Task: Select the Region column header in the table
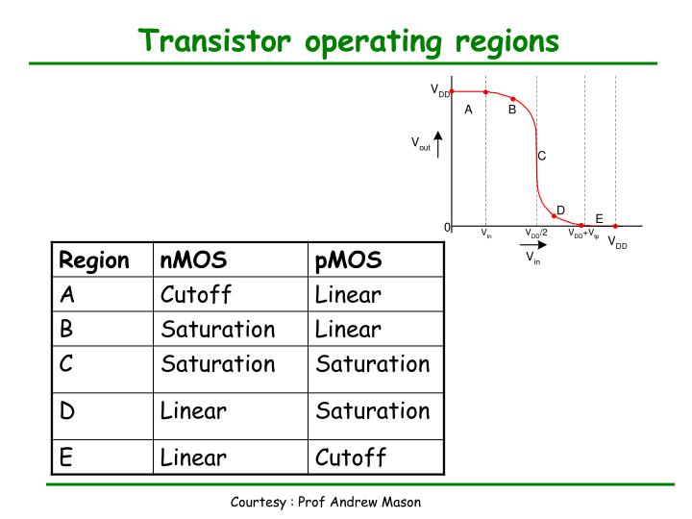point(93,260)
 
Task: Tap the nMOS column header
point(193,260)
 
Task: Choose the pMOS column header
point(348,260)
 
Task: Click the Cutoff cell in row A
point(197,294)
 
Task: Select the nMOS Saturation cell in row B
point(218,330)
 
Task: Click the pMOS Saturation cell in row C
point(372,365)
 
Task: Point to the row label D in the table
point(66,411)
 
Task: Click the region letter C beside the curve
point(542,155)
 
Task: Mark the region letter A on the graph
point(468,110)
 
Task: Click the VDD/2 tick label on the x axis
point(535,234)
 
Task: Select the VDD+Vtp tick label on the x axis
point(582,234)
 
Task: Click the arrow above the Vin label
point(531,247)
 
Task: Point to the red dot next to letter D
point(555,215)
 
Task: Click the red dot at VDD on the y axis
point(452,92)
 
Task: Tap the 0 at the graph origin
point(447,227)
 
